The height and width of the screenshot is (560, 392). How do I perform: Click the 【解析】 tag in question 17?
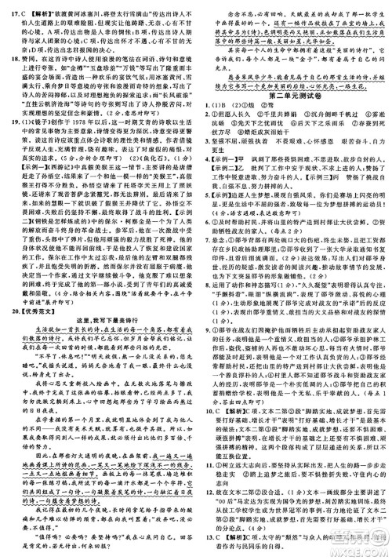[x=33, y=6]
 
